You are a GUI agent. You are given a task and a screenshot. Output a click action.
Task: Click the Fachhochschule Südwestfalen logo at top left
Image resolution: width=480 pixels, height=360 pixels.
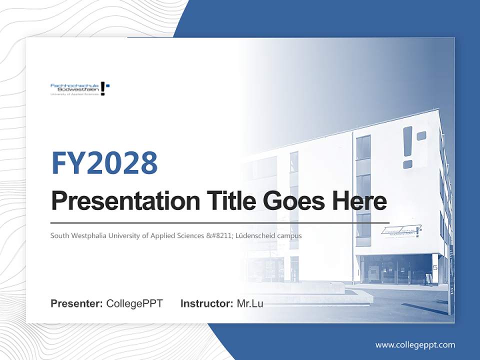[80, 88]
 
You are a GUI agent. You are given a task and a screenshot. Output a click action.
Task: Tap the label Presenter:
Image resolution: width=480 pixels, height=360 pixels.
[77, 303]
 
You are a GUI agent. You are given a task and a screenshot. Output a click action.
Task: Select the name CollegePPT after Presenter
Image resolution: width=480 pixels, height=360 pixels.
[134, 303]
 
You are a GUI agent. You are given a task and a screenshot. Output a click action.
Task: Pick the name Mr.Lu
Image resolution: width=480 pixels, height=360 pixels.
[250, 303]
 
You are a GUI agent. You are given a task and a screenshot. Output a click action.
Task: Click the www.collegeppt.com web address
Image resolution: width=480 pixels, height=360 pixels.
[415, 344]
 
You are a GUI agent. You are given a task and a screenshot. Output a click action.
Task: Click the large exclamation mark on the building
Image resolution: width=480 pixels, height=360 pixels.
[408, 147]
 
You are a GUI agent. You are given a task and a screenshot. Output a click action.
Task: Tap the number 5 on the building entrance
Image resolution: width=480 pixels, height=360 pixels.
[434, 268]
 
